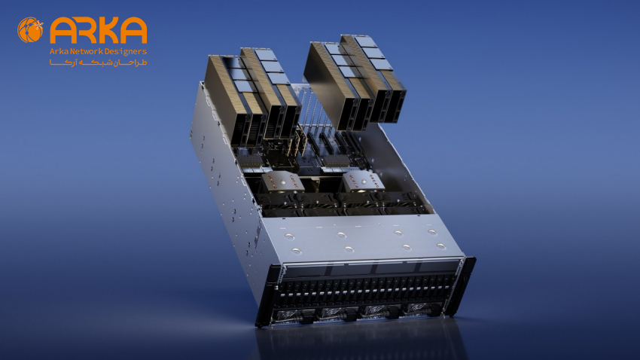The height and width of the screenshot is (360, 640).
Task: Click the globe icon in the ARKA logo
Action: (x=30, y=30)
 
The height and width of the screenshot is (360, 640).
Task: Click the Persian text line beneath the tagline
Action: (x=99, y=63)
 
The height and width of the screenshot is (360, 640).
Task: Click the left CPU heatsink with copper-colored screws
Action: (x=283, y=182)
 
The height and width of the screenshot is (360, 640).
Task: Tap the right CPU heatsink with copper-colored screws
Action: (x=363, y=181)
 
